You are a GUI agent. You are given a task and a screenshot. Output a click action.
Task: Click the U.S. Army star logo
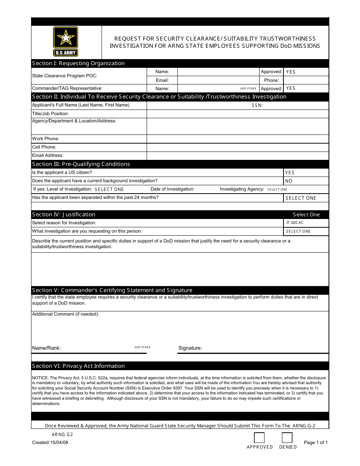tap(66, 42)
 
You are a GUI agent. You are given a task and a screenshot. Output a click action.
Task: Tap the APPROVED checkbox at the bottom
tap(259, 438)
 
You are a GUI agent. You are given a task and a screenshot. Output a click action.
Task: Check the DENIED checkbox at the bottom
tap(287, 438)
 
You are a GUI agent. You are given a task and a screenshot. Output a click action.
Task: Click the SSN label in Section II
tap(257, 105)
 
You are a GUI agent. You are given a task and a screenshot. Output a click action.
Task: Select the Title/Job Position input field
tap(237, 114)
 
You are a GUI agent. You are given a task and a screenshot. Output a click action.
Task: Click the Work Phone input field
tap(237, 139)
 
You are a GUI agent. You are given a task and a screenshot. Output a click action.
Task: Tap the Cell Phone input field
tap(237, 147)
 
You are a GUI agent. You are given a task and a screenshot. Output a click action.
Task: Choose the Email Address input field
tap(237, 155)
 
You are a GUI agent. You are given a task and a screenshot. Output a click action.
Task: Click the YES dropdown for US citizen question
tap(306, 173)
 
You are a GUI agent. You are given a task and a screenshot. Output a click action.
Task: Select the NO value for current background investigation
tap(306, 181)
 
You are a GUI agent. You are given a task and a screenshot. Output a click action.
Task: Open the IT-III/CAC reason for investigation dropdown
tap(306, 223)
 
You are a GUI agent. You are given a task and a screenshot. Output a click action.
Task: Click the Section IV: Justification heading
tap(64, 214)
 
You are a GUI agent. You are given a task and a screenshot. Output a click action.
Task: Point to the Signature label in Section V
tap(190, 348)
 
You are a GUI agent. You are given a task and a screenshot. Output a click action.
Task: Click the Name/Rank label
tap(46, 348)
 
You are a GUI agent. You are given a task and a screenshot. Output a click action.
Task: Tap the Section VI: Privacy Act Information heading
tap(78, 366)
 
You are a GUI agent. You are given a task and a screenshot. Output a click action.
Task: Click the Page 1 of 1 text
tap(316, 443)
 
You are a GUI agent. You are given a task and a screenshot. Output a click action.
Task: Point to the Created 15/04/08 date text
tap(50, 443)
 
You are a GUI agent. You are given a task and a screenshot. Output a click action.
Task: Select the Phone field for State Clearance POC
tap(306, 80)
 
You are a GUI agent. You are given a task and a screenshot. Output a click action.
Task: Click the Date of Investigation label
tap(172, 189)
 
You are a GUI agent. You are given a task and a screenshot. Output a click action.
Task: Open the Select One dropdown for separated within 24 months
tap(306, 198)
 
